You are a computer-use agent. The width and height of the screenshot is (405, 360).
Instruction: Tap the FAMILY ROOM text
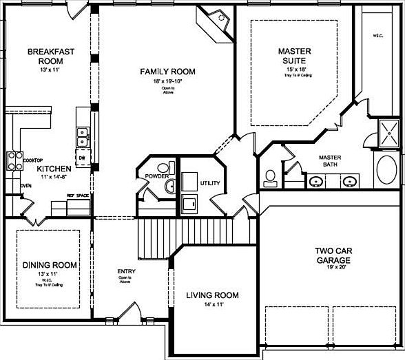tap(167, 72)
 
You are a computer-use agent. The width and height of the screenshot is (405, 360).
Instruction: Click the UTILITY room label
tap(209, 184)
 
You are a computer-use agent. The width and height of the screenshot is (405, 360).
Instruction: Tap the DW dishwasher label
tap(81, 158)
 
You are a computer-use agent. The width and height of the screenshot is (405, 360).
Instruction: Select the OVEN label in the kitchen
tap(25, 186)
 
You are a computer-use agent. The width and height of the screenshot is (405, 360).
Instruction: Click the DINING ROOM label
tap(50, 265)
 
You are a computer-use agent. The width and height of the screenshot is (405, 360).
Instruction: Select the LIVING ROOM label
tap(212, 295)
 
